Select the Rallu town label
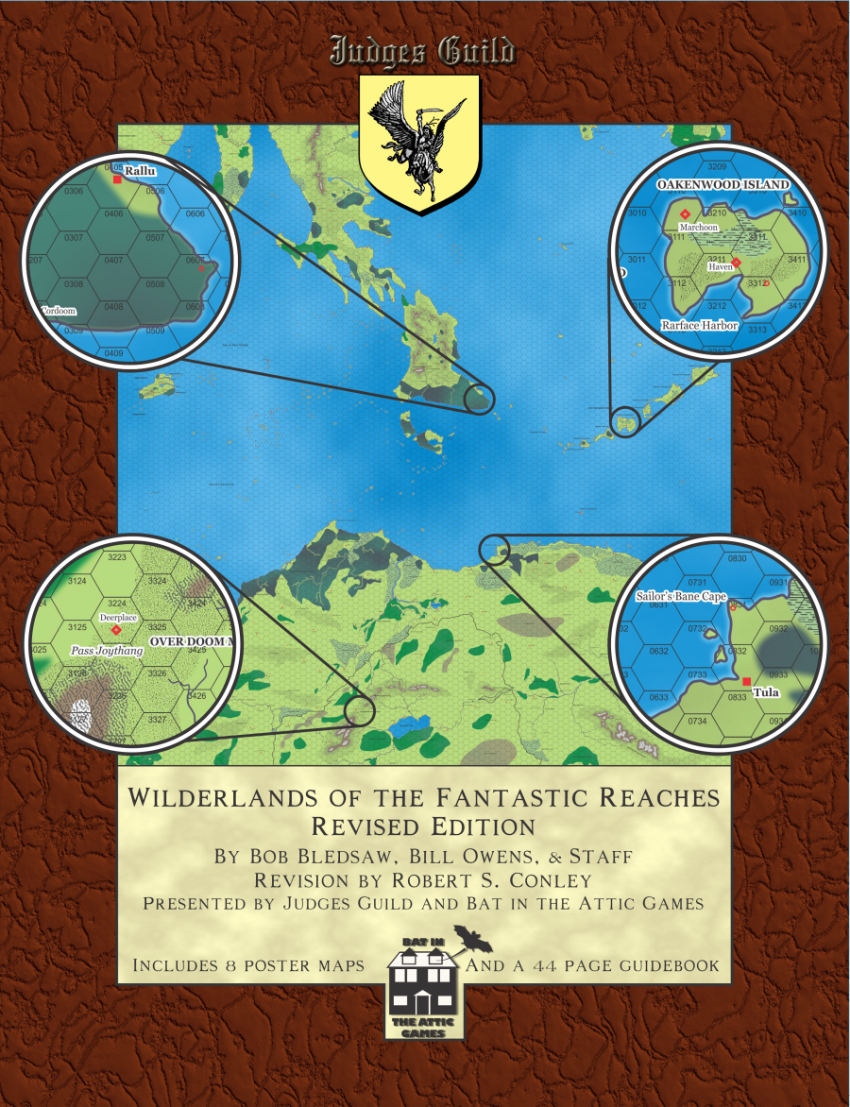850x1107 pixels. click(x=140, y=172)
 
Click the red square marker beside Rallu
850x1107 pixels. click(x=117, y=179)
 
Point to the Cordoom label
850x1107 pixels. click(x=59, y=310)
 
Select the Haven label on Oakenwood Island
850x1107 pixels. click(x=721, y=267)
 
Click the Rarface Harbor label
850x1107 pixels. click(x=700, y=325)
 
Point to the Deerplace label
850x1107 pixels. click(x=119, y=617)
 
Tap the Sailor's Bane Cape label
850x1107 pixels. click(x=680, y=596)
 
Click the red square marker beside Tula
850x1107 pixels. click(x=747, y=681)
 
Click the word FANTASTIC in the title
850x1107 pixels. click(x=497, y=798)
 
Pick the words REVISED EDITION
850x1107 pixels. click(x=423, y=827)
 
